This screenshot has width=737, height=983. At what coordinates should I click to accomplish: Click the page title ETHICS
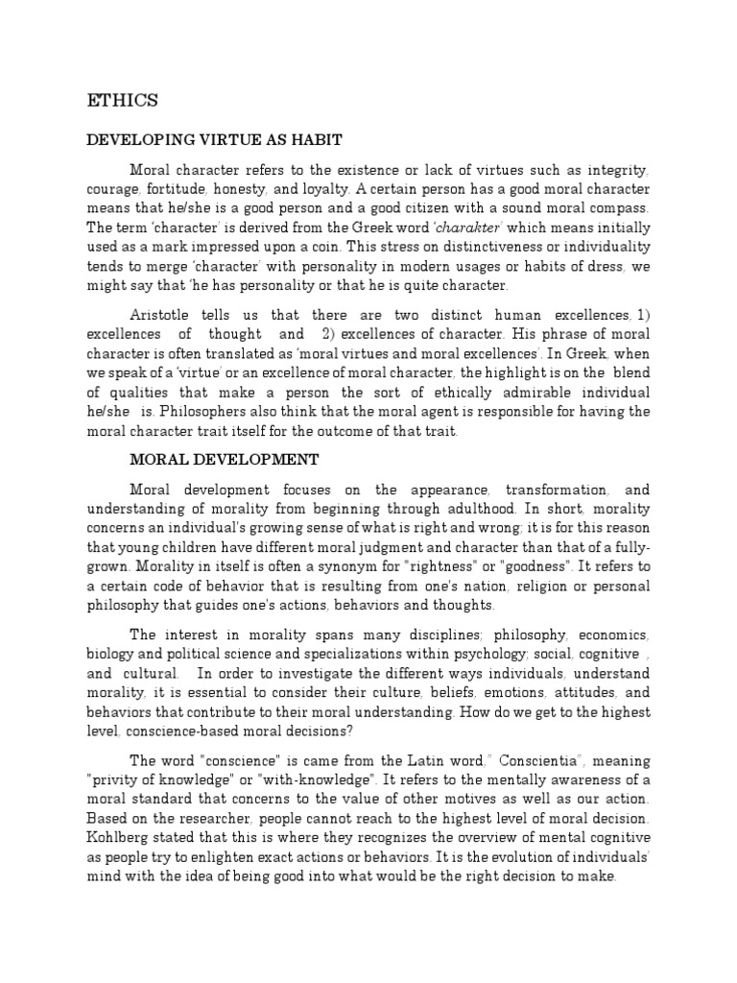122,100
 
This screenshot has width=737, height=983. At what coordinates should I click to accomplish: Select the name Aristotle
165,314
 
